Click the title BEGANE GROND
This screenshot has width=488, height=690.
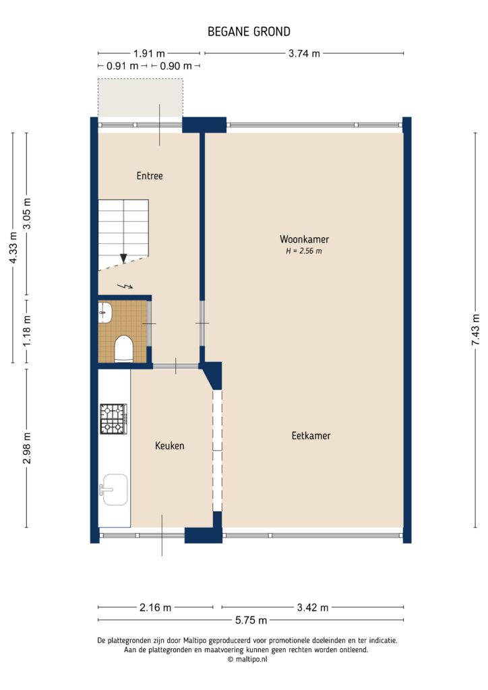249,32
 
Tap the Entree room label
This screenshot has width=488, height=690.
150,176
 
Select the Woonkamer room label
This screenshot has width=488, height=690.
304,239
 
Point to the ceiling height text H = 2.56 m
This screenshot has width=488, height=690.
304,251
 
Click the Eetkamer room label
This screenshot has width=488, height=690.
311,436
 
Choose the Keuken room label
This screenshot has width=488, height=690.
169,445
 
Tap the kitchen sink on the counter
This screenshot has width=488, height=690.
114,489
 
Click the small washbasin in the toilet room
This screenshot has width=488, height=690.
104,310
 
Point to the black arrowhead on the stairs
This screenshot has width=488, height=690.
123,258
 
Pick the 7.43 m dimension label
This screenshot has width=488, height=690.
476,336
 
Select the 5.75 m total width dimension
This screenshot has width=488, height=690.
251,620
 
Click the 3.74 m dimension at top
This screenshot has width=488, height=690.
303,54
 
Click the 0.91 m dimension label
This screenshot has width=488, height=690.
122,66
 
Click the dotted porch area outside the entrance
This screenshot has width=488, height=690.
140,98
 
